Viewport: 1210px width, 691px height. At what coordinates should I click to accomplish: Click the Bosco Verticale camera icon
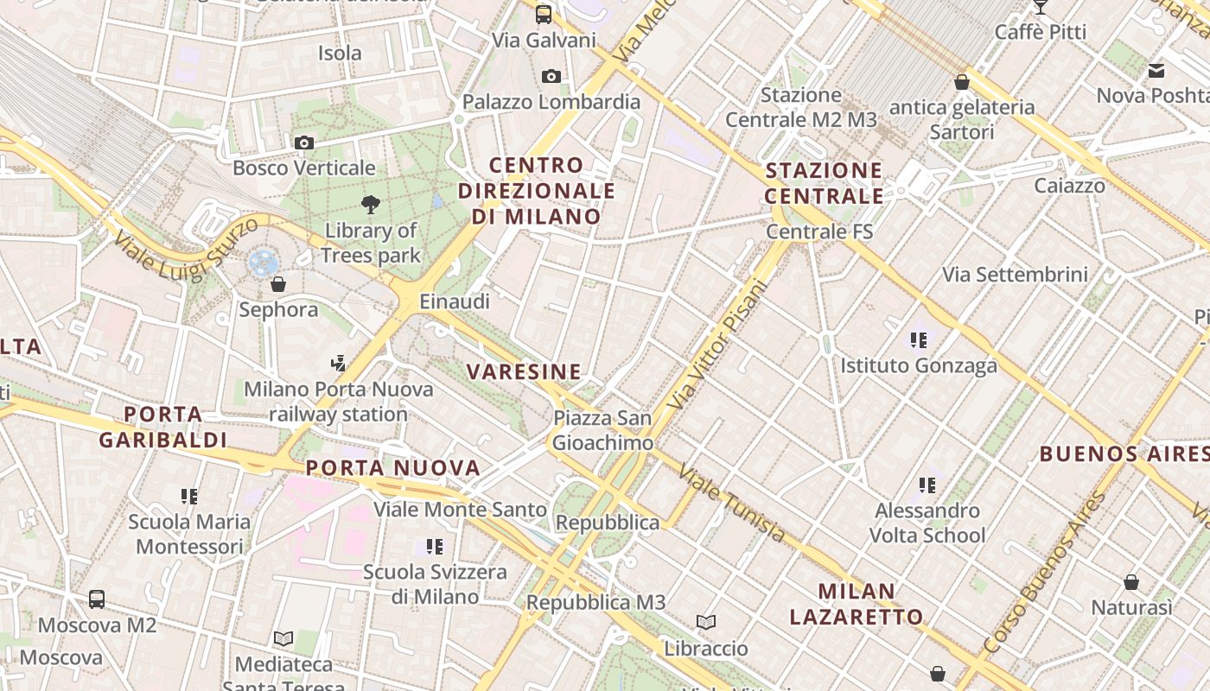coord(303,143)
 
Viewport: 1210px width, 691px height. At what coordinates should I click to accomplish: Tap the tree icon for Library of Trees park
coord(371,205)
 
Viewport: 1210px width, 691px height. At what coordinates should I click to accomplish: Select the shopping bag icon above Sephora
coord(278,283)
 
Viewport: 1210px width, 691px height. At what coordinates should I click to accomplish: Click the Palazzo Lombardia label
coord(551,102)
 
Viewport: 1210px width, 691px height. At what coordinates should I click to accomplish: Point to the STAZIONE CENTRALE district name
coord(825,182)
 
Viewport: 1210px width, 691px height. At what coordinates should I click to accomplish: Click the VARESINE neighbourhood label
coord(524,372)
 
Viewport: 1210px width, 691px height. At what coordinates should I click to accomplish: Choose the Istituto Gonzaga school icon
coord(919,340)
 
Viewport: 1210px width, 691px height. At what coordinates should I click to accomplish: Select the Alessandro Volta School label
coord(927,523)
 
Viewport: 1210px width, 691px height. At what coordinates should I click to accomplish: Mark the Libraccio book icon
coord(706,622)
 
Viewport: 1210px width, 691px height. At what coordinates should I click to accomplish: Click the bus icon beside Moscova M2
coord(97,599)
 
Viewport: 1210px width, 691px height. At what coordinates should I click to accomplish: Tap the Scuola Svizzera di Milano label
coord(435,584)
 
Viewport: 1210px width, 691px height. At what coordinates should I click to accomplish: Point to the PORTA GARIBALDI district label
coord(162,428)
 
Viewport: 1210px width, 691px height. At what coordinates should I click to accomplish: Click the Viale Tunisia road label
coord(732,504)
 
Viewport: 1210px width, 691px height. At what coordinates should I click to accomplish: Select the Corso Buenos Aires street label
coord(1044,574)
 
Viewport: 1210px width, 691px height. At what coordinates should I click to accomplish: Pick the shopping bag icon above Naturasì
coord(1131,582)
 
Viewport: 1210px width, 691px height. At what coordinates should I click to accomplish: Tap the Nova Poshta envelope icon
coord(1156,71)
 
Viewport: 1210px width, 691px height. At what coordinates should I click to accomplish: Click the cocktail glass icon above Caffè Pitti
coord(1040,7)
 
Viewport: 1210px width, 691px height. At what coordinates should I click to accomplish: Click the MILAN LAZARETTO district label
coord(857,604)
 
